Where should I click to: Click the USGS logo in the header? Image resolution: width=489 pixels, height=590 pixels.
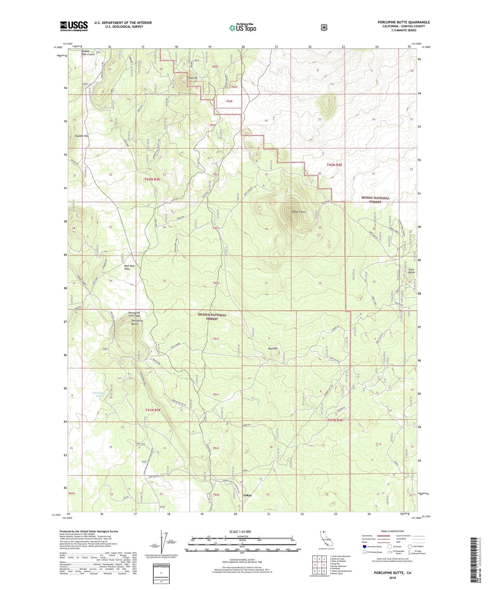[74, 26]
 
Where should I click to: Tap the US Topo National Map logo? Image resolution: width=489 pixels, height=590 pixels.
[243, 27]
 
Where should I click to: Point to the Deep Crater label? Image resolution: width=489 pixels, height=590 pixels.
[299, 212]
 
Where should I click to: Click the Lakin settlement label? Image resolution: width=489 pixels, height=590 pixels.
[247, 495]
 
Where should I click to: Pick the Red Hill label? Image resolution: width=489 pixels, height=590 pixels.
[272, 348]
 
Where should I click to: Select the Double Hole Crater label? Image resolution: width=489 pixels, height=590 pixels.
[88, 53]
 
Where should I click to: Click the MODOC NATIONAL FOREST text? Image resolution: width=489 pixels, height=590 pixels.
[375, 200]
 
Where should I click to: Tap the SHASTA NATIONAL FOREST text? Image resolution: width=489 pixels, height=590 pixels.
[212, 317]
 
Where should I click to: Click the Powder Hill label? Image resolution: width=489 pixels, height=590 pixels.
[81, 136]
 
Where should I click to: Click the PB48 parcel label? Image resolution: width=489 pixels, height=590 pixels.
[229, 101]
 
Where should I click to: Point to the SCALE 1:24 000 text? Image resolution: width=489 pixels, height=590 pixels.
[240, 532]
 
